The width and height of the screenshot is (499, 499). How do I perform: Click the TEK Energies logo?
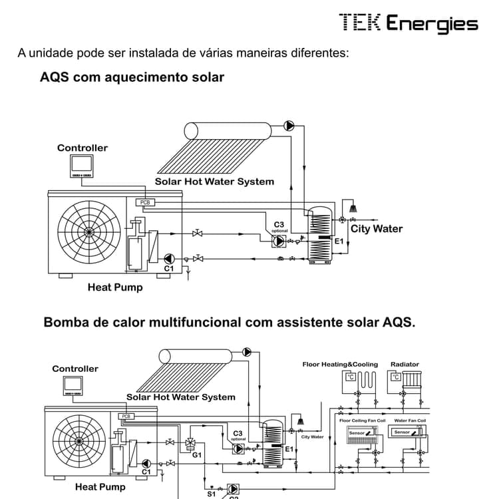point(409,23)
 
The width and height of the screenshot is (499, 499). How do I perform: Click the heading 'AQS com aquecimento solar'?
point(132,77)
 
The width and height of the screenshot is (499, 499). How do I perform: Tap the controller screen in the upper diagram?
point(83,164)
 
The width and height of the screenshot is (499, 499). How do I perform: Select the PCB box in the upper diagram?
point(144,202)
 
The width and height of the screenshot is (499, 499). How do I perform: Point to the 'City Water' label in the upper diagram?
point(377,229)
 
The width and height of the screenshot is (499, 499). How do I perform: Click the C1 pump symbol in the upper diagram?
point(170,258)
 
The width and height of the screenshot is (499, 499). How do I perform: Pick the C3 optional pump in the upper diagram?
point(279,241)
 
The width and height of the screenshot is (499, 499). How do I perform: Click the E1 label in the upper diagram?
point(339,241)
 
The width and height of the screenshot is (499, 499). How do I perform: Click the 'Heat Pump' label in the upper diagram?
point(115,287)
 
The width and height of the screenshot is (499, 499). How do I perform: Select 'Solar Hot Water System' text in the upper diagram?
point(214,181)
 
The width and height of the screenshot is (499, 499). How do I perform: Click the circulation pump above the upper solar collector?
point(289,125)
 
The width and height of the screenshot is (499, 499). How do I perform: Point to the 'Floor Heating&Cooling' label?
point(340,365)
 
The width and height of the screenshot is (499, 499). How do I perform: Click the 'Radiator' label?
point(405,365)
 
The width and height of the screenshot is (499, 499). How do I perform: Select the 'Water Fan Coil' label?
point(410,420)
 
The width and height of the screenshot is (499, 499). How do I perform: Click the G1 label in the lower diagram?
point(197,455)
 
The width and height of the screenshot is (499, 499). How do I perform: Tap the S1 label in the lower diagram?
point(211,494)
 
